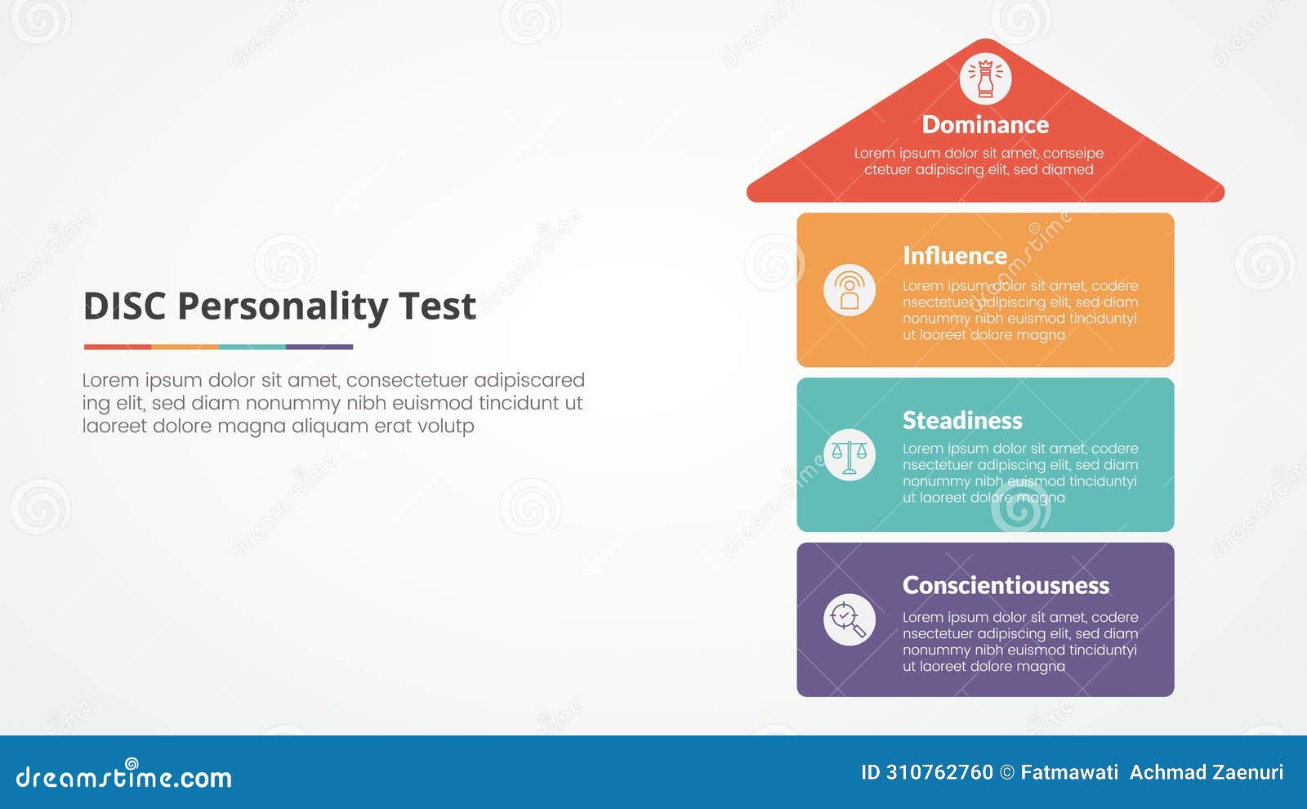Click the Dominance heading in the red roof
tap(985, 125)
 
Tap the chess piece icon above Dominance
tap(985, 79)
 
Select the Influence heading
tap(954, 256)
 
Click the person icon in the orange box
tap(850, 291)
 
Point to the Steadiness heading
tap(962, 420)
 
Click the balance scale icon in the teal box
tap(850, 455)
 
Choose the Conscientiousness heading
tap(1006, 585)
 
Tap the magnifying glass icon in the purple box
tap(850, 620)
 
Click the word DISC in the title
tap(124, 307)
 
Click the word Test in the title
tap(437, 307)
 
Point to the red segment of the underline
tap(117, 347)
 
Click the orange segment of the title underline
tap(185, 347)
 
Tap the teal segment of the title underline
tap(252, 347)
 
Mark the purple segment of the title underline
tap(319, 347)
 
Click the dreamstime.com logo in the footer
tap(123, 775)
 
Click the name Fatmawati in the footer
tap(1069, 772)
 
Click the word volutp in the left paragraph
tap(448, 427)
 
